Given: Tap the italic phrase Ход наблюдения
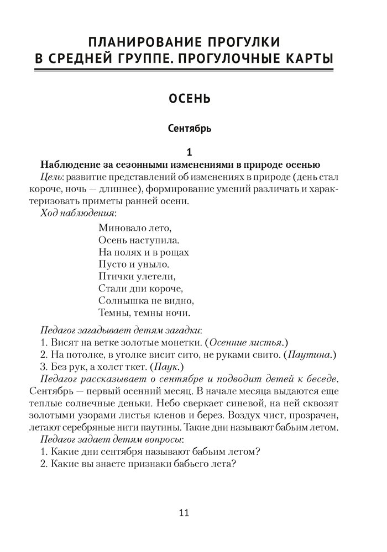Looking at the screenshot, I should click(79, 213).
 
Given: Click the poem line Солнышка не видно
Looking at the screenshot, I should click(146, 301).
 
